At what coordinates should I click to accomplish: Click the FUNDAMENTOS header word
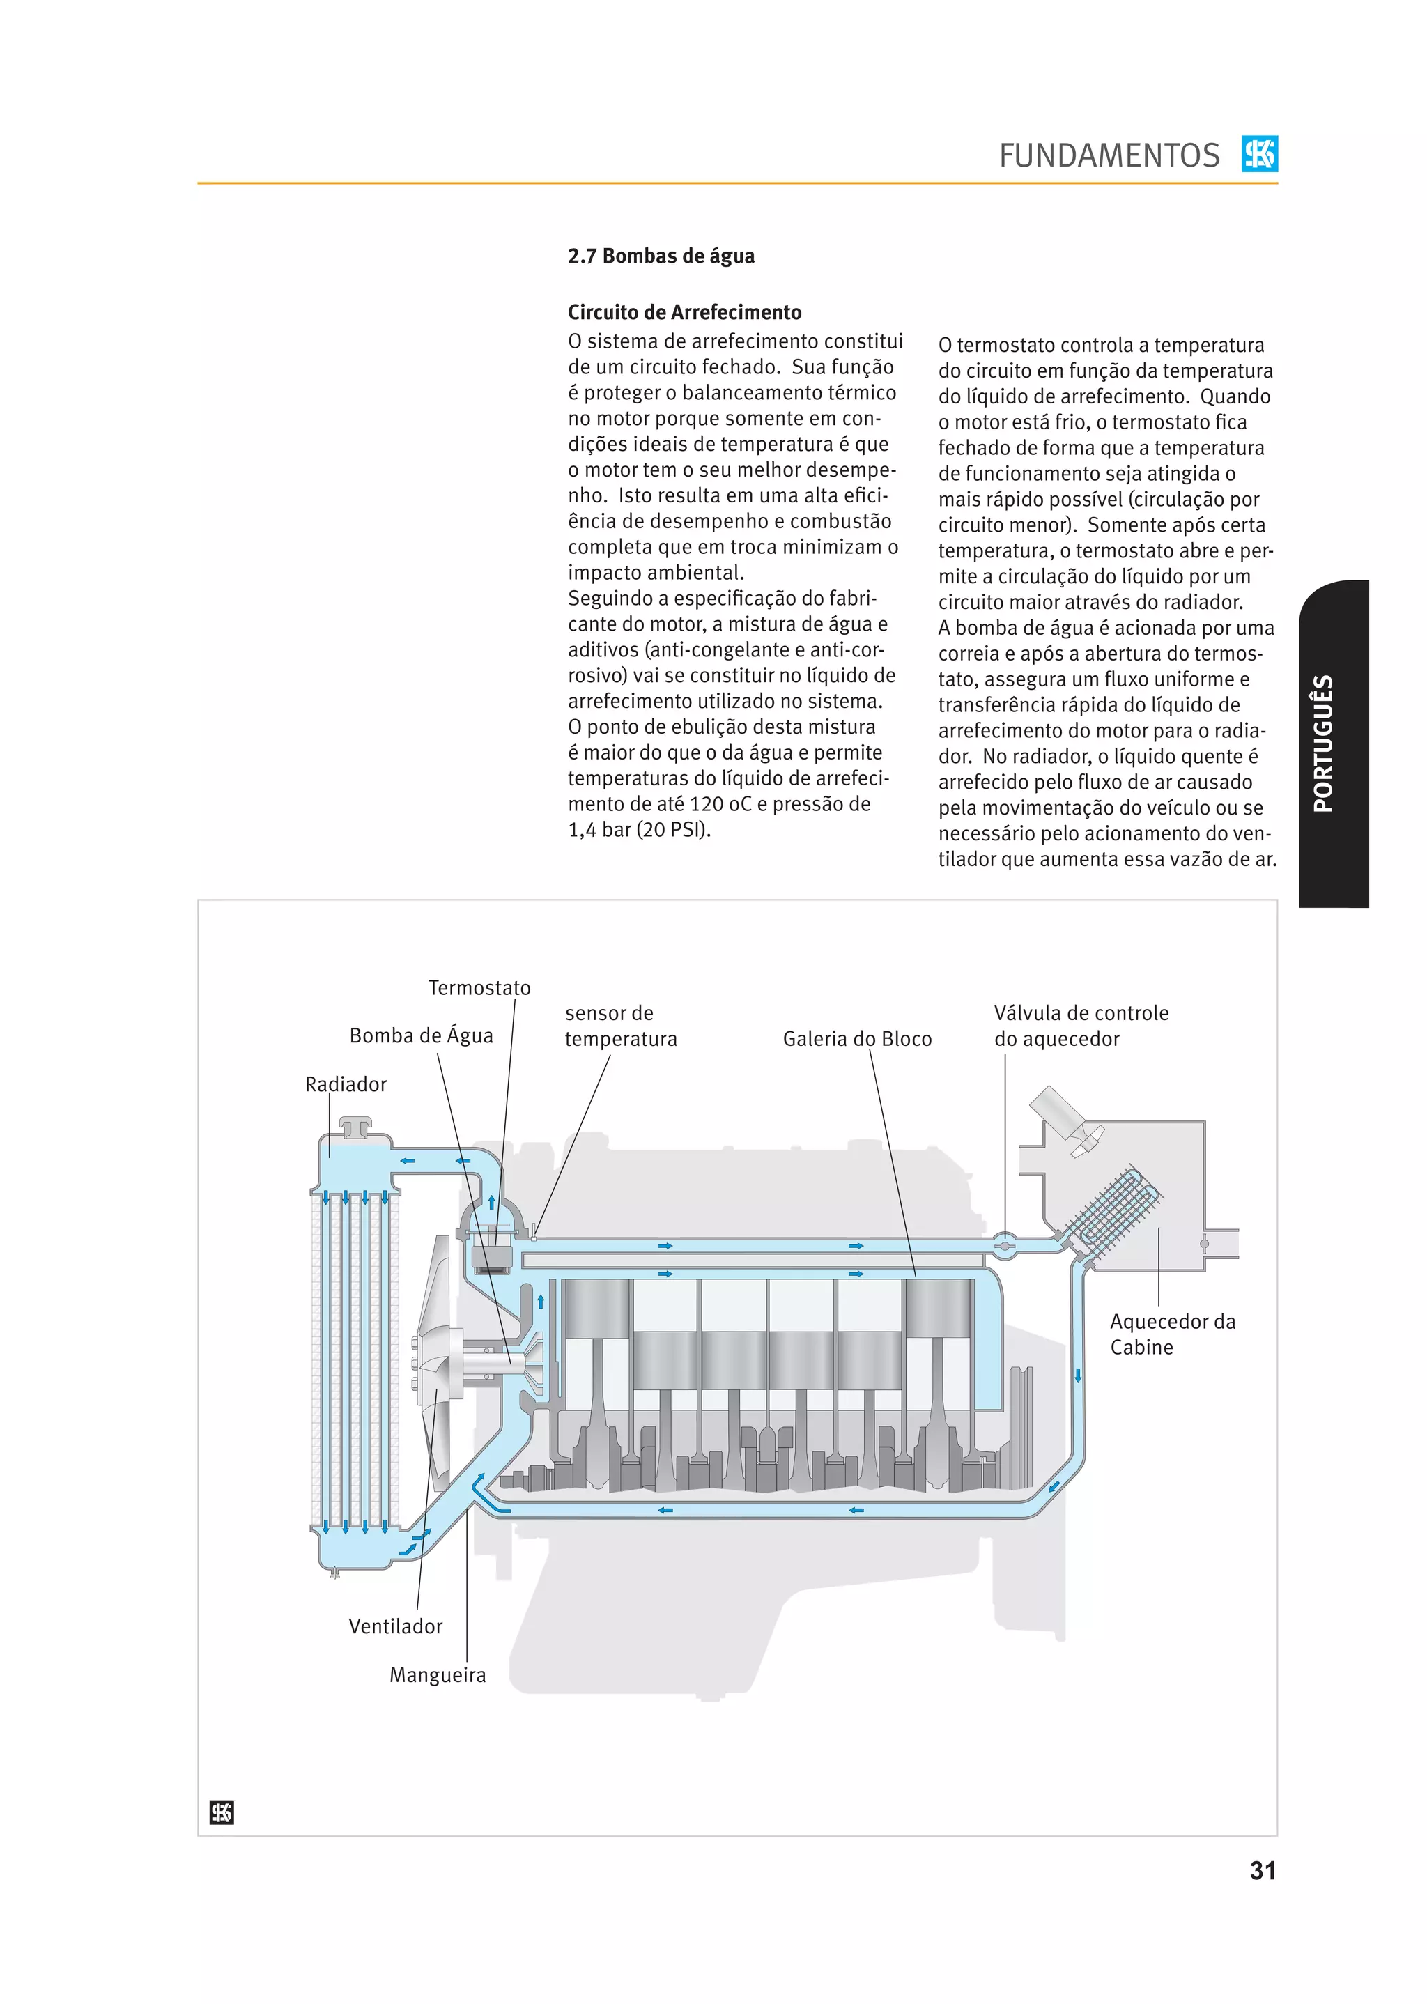(x=1108, y=155)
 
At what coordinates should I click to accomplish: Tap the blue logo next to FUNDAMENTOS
(x=1259, y=154)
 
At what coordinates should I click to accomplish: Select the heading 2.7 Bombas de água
(x=661, y=256)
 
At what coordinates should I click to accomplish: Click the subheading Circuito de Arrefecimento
(x=684, y=312)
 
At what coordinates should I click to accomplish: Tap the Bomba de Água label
(x=421, y=1036)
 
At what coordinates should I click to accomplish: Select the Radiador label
(x=346, y=1084)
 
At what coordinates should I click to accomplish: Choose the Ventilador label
(x=395, y=1626)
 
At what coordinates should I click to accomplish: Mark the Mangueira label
(x=438, y=1674)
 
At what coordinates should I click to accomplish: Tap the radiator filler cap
(x=356, y=1126)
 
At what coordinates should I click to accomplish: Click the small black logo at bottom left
(x=222, y=1812)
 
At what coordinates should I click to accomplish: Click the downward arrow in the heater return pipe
(x=1077, y=1375)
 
